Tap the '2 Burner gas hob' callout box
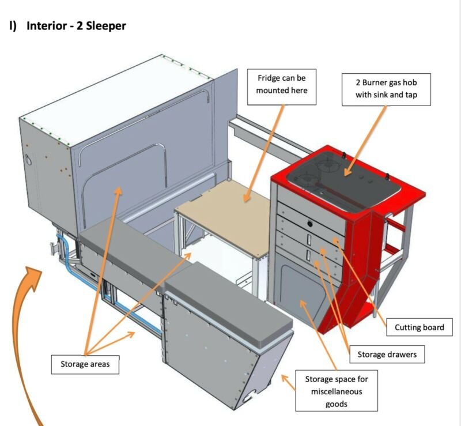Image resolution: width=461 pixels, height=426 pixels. (386, 89)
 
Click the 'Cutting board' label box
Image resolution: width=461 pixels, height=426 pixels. (419, 327)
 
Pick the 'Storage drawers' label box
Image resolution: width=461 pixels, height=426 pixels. (386, 354)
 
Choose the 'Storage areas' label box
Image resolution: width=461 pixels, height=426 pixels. (85, 364)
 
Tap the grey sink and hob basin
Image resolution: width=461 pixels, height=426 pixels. (340, 173)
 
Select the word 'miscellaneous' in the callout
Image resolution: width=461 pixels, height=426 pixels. (337, 391)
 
